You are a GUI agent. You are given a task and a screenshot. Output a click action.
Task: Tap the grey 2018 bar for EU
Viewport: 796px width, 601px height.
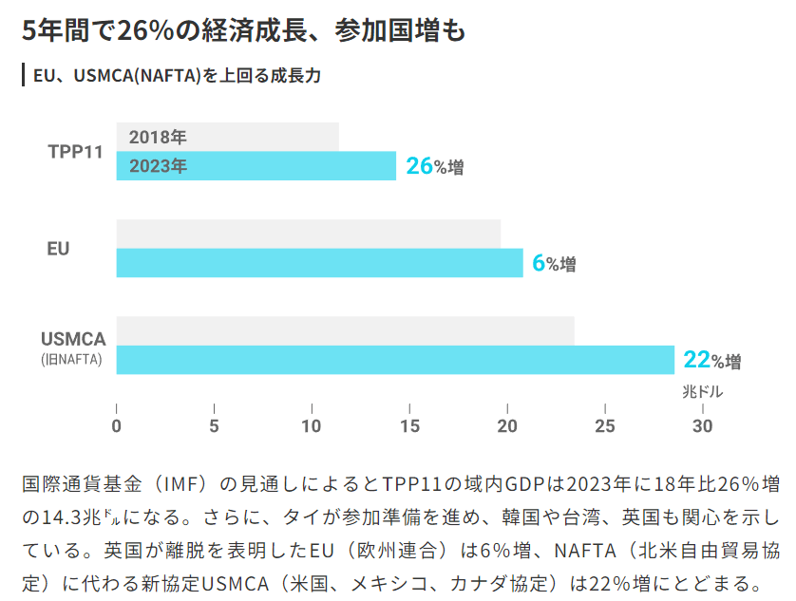pos(308,234)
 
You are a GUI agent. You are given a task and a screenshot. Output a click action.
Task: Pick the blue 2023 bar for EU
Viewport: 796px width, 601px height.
pos(319,263)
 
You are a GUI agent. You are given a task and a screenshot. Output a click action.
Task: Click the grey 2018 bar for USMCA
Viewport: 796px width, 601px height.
pos(345,330)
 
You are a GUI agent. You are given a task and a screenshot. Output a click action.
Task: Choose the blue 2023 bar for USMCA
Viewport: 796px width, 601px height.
pos(395,360)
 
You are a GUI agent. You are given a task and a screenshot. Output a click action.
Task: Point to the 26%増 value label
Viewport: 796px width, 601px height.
pos(434,166)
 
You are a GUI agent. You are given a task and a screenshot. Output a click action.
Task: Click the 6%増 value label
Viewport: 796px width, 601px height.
pos(554,263)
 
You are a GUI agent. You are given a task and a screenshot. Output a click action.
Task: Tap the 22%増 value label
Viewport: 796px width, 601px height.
pos(711,360)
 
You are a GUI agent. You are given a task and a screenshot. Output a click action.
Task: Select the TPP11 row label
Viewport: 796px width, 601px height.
pos(75,152)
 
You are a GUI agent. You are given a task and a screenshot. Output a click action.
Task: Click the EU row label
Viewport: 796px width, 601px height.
pos(59,248)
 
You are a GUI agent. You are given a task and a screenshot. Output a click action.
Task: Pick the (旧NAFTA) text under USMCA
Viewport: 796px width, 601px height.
pos(71,360)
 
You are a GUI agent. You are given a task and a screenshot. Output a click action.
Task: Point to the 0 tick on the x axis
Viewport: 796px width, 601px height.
pos(117,425)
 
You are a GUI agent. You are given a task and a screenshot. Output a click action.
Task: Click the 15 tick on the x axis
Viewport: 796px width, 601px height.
pos(409,425)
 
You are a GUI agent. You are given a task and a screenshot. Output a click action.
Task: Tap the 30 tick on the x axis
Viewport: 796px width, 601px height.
pos(702,425)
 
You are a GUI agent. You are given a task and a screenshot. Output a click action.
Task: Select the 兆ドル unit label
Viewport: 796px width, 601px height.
pos(702,391)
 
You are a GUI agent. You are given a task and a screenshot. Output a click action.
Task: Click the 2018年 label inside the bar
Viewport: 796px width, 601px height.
pos(158,137)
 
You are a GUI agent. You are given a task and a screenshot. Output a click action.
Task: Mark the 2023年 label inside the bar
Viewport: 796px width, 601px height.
pos(158,166)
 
